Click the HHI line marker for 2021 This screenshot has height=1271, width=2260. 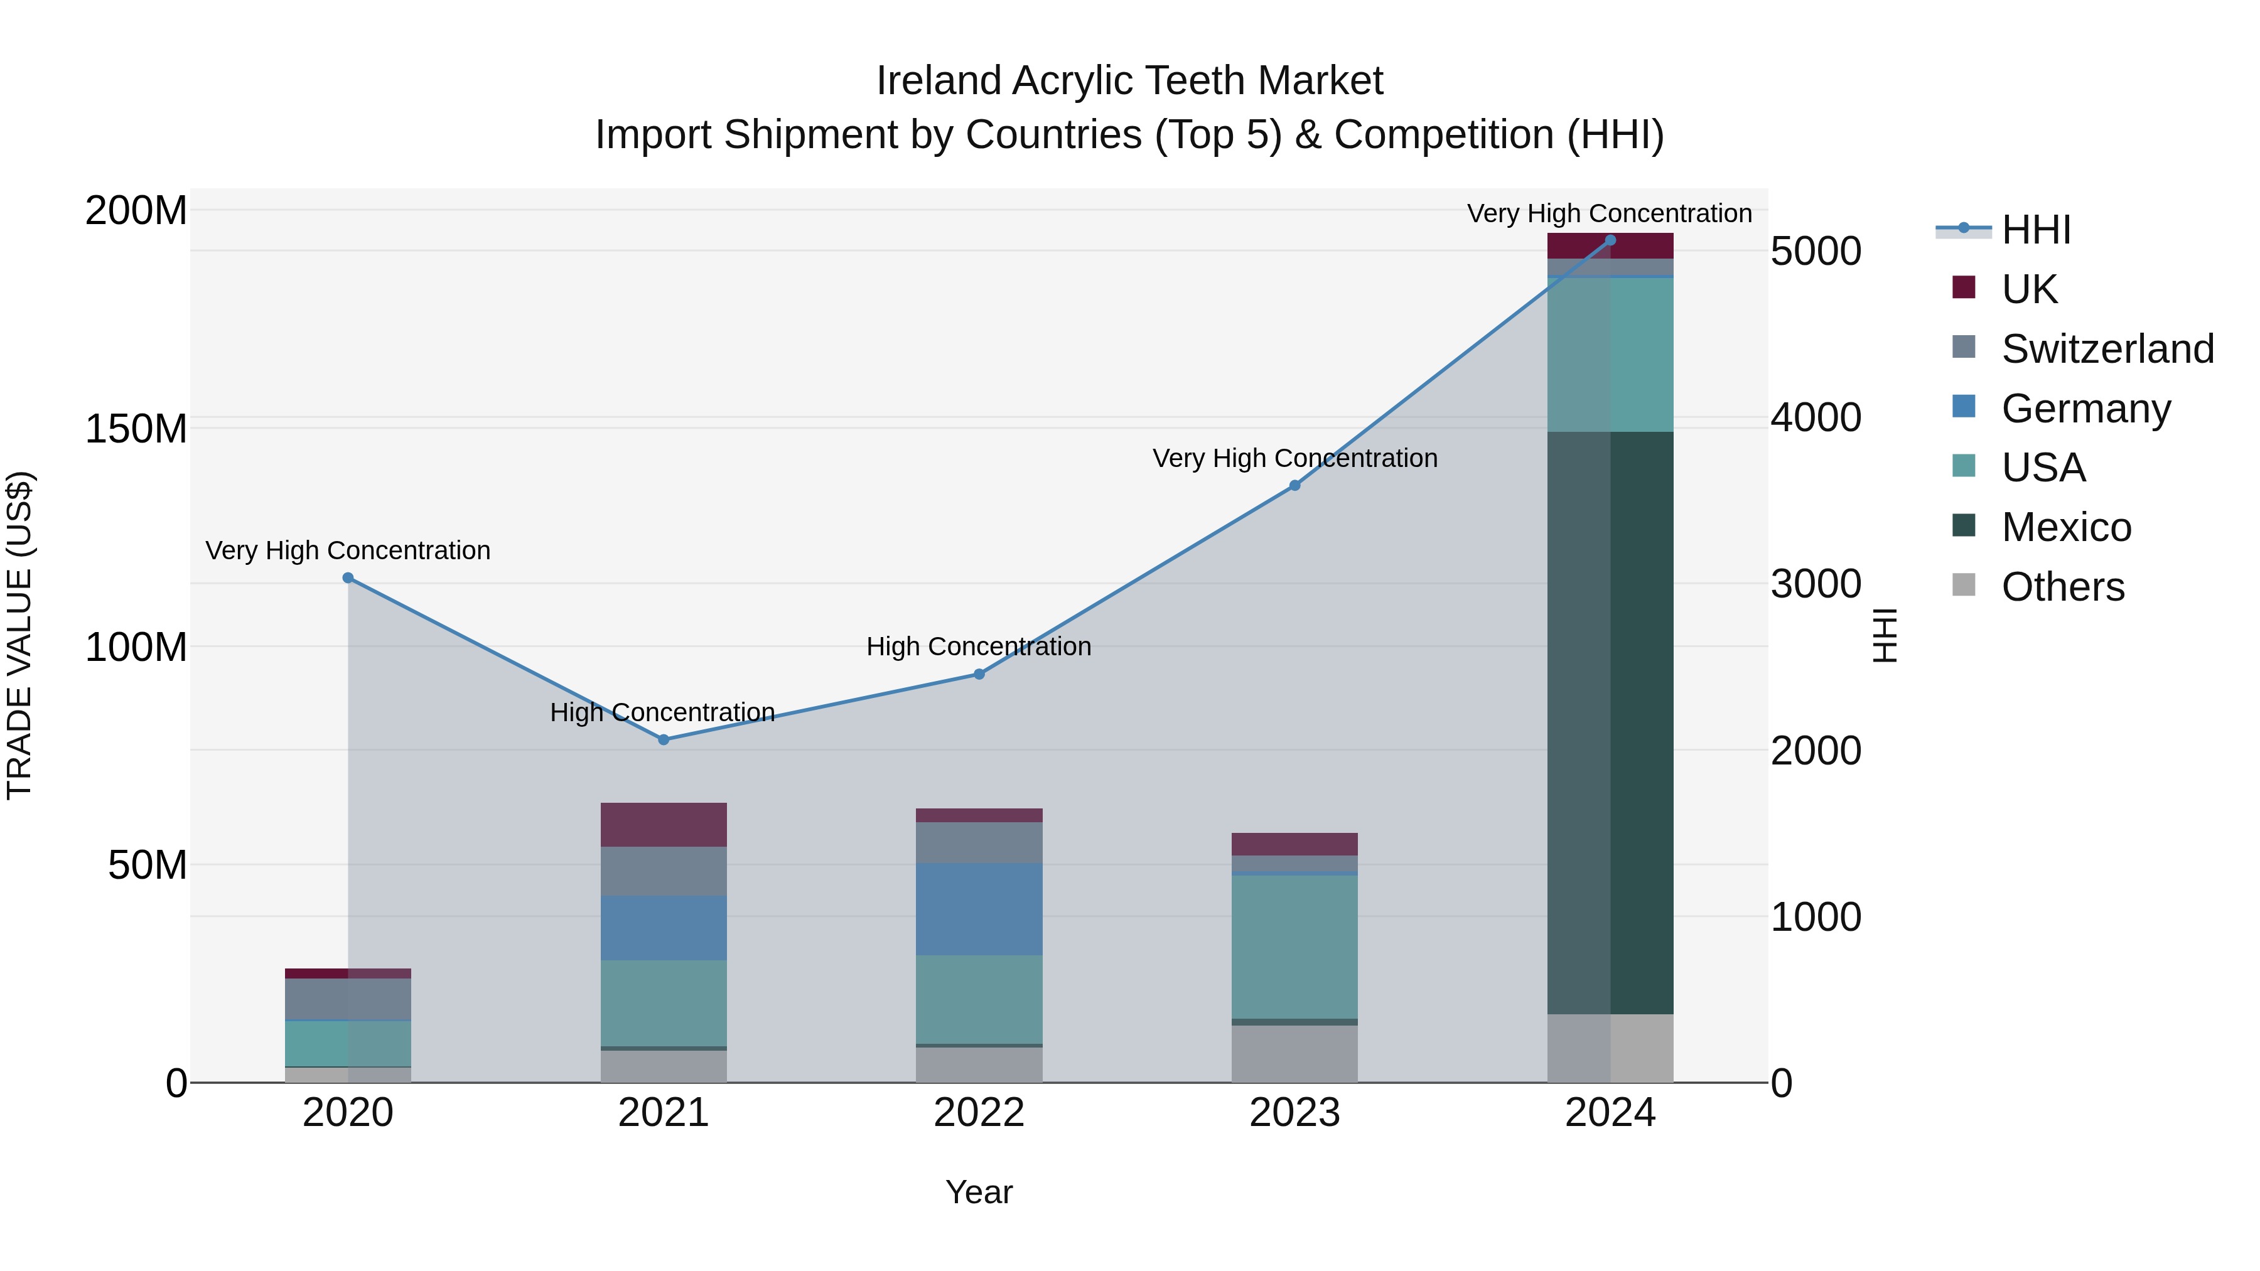pos(664,739)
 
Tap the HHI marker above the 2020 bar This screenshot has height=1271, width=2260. pos(348,578)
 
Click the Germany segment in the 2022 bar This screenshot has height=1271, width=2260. pos(979,909)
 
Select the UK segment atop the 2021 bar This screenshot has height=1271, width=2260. pos(664,825)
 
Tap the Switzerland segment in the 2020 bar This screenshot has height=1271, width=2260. pos(348,999)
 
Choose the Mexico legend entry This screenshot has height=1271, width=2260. pos(2065,527)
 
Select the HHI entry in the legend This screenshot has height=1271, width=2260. pos(2035,230)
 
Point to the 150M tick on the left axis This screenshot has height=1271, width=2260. pos(136,429)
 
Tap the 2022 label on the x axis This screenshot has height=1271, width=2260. pos(979,1113)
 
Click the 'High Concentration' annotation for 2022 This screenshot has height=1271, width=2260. pos(979,646)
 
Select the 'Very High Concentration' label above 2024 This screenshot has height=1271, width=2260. pos(1609,213)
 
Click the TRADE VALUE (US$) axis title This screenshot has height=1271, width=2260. pos(19,635)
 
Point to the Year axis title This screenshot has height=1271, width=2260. pos(979,1192)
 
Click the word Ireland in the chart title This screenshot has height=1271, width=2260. pos(938,81)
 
